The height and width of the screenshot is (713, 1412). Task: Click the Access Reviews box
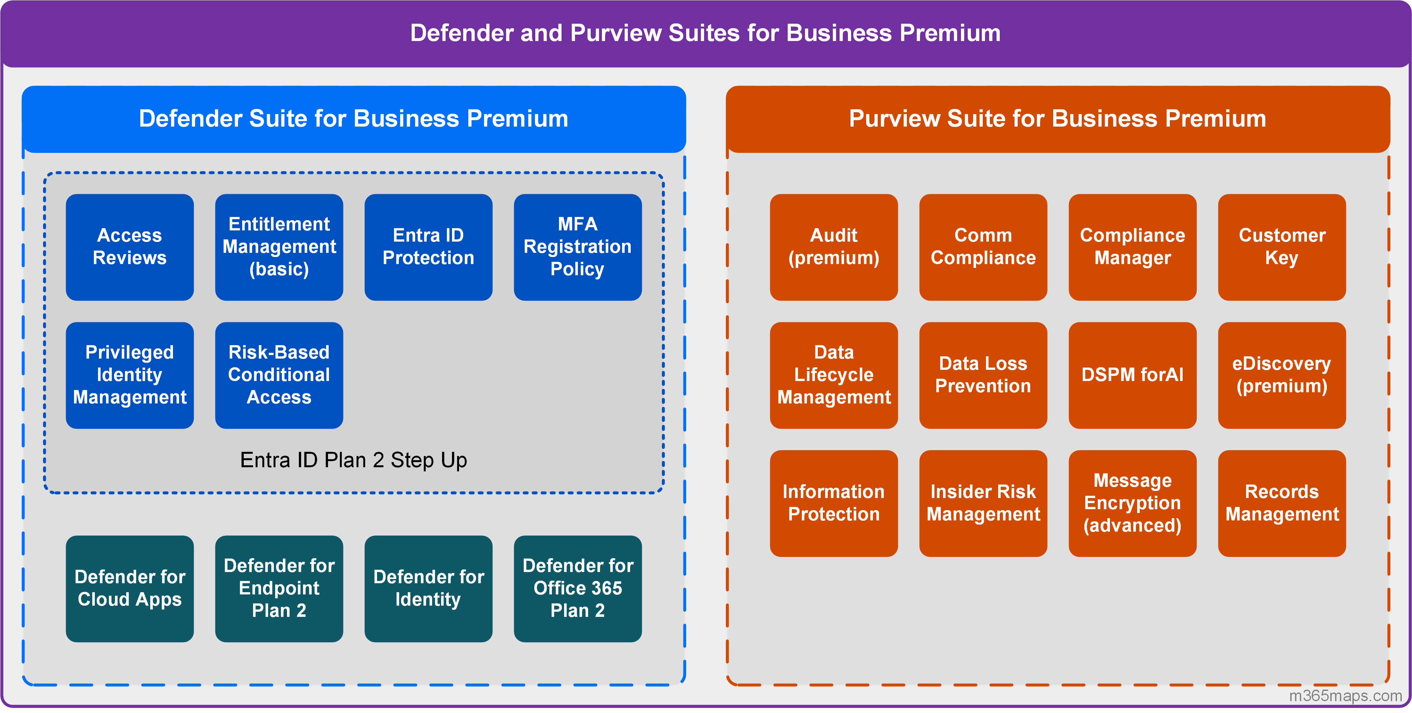click(129, 247)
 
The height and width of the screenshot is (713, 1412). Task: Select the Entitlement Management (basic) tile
click(279, 247)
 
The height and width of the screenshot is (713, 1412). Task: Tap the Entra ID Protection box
click(428, 247)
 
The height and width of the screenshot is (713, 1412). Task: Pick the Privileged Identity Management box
click(129, 375)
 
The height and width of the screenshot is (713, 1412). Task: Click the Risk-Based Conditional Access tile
click(279, 375)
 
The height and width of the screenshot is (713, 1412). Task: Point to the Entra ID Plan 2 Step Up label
click(354, 460)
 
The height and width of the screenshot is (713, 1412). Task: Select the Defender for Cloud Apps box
click(129, 588)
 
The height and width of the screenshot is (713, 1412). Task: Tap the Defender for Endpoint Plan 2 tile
click(279, 588)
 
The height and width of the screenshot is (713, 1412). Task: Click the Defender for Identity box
click(428, 588)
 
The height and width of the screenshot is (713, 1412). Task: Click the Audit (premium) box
click(834, 247)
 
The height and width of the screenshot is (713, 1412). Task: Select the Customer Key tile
click(1282, 247)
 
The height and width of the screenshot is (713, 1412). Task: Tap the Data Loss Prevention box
click(983, 375)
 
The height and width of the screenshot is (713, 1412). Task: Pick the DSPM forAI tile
click(1132, 375)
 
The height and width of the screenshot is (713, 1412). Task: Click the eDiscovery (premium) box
click(1282, 375)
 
